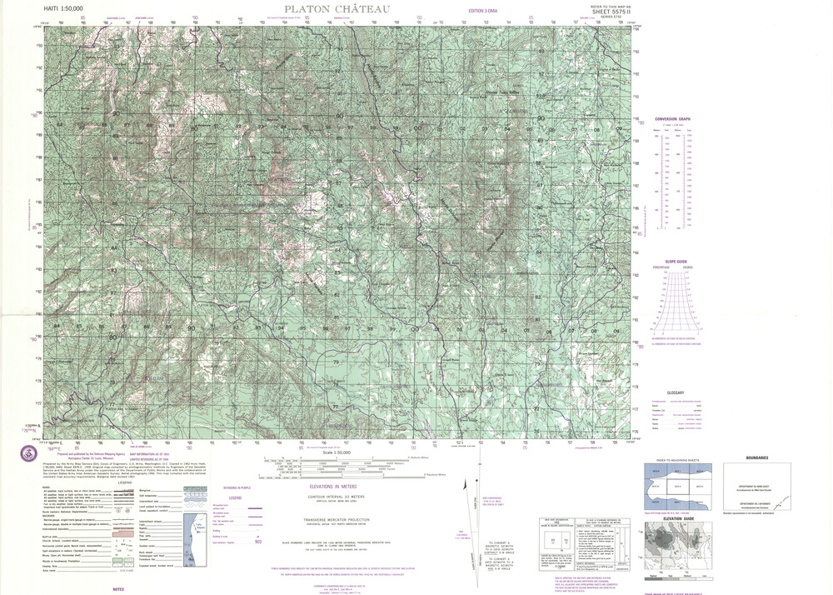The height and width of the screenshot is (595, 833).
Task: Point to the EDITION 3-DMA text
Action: click(484, 9)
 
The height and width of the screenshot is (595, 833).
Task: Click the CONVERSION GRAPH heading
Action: click(672, 119)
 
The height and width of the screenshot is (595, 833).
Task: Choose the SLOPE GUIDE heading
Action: click(675, 262)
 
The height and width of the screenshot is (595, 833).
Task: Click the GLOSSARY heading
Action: click(675, 392)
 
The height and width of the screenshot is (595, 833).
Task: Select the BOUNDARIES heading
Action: click(757, 457)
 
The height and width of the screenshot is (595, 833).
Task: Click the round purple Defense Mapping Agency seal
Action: click(27, 452)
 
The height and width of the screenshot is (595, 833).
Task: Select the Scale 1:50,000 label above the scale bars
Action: click(334, 451)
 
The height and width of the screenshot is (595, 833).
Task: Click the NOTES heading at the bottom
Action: click(118, 589)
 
